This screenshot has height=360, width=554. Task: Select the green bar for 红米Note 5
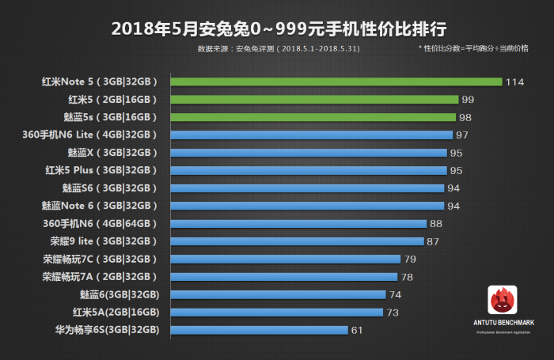click(x=336, y=81)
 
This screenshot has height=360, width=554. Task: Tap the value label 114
click(x=516, y=82)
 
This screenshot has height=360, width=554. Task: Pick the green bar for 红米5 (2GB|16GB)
click(x=314, y=100)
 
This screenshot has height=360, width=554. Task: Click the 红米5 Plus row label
click(x=106, y=170)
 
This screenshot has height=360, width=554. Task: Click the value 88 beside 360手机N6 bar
click(x=436, y=224)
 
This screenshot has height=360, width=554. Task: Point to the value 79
click(x=410, y=260)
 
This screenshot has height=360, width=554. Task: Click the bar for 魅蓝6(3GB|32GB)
click(x=278, y=294)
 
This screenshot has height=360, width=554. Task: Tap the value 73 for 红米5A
click(x=392, y=313)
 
